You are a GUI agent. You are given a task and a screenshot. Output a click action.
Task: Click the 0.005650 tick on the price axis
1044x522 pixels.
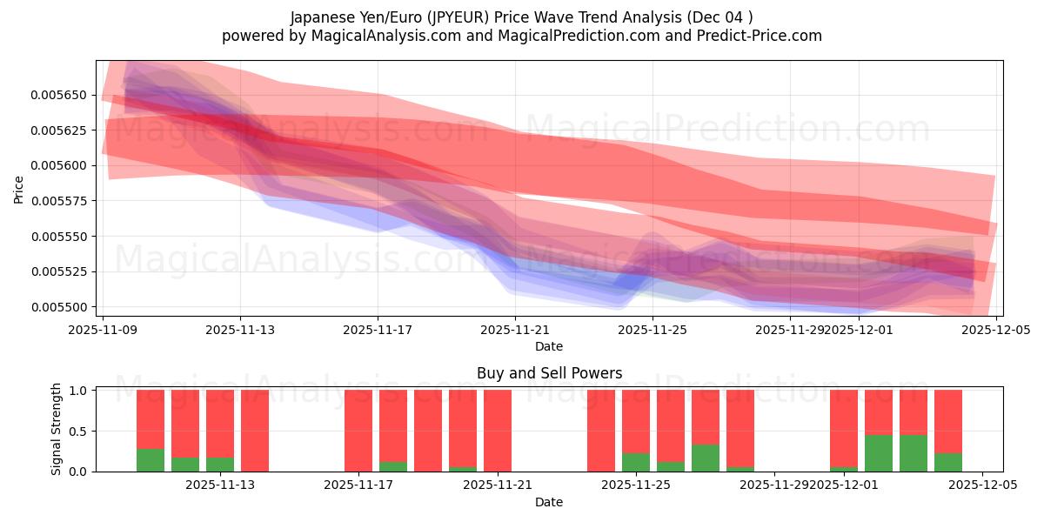(x=61, y=95)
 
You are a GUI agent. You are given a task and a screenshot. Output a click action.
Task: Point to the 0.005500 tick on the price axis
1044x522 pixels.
(x=61, y=307)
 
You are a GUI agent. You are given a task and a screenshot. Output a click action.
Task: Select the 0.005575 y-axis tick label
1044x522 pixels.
(x=61, y=201)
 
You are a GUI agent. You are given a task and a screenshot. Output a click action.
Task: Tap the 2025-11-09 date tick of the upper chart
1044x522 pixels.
(x=104, y=331)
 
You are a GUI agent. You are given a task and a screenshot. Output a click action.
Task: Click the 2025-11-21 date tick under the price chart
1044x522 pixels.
(x=515, y=331)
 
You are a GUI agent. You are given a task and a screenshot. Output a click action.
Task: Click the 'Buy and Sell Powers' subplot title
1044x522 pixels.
(x=549, y=373)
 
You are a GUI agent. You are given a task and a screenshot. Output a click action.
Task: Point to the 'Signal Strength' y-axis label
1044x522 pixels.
(x=57, y=430)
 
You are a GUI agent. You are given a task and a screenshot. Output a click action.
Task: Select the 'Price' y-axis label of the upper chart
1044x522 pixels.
(x=19, y=188)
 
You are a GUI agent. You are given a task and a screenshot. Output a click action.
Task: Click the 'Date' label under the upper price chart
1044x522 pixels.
(x=549, y=346)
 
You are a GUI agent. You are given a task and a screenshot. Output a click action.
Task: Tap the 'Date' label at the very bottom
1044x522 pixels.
(x=549, y=502)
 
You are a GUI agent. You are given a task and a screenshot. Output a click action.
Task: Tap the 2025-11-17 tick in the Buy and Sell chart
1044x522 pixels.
(x=358, y=485)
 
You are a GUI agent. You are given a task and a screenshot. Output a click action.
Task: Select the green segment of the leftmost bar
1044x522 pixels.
(x=151, y=460)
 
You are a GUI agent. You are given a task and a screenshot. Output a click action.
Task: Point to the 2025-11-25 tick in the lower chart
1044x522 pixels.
(x=636, y=485)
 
